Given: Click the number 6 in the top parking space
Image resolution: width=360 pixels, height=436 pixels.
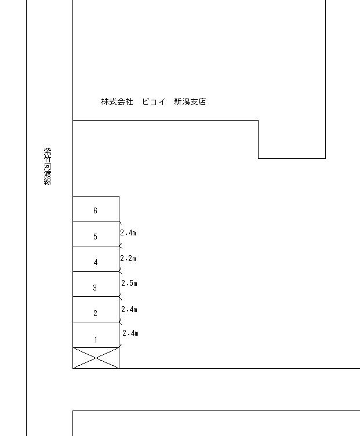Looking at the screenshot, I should tap(96, 210).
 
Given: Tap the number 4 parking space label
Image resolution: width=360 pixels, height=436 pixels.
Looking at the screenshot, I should tap(96, 262).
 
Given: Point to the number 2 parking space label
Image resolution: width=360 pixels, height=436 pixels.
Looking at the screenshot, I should tap(95, 313).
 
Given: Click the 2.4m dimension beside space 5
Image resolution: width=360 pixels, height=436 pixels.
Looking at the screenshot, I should tap(128, 233).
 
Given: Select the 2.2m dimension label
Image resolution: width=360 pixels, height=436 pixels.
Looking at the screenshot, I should tap(128, 258).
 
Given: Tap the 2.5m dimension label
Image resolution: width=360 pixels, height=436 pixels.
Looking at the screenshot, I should tap(129, 284).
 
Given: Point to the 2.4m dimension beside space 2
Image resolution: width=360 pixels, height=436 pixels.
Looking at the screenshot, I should tap(129, 309).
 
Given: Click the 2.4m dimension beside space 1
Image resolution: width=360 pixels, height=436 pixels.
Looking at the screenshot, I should tap(130, 333).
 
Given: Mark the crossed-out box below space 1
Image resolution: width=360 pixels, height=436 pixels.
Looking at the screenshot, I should tap(96, 358).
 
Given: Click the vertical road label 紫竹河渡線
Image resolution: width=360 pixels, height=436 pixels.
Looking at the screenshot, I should tap(48, 166).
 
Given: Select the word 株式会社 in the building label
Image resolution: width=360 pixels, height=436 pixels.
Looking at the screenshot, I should tap(117, 102).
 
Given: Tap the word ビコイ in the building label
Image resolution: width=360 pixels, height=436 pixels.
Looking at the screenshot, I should tap(154, 102).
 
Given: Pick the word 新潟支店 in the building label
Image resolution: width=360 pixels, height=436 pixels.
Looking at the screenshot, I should tap(190, 102).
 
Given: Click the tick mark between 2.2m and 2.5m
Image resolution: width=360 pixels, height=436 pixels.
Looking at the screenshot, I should tap(120, 271).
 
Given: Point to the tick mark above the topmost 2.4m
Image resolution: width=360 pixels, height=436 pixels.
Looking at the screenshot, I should tap(120, 221).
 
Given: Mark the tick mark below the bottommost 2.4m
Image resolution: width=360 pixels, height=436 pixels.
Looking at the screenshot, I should tap(120, 347).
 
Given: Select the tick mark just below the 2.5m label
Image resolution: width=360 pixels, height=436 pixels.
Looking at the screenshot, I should tap(120, 296).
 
